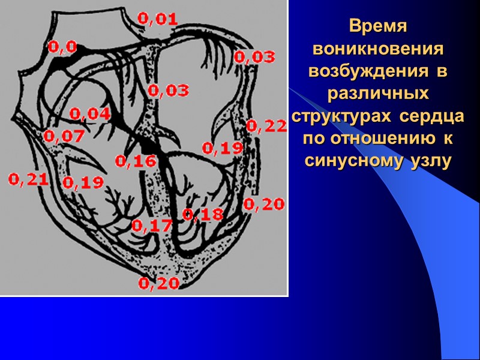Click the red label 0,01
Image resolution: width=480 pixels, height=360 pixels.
[x=158, y=19]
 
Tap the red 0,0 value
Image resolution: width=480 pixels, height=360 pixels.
[x=62, y=46]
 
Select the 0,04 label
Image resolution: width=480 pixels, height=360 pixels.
[x=90, y=113]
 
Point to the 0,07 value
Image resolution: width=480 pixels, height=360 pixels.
[x=64, y=136]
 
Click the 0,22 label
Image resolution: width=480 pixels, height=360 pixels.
[x=266, y=125]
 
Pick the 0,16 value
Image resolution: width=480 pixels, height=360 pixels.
[x=136, y=161]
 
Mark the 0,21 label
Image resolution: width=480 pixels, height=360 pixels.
[x=28, y=179]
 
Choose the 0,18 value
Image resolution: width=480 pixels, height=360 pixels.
[x=203, y=214]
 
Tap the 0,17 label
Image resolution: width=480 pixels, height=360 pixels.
[x=152, y=226]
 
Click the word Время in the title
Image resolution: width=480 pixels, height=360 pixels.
[x=378, y=27]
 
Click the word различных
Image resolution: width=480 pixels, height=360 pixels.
[x=378, y=94]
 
